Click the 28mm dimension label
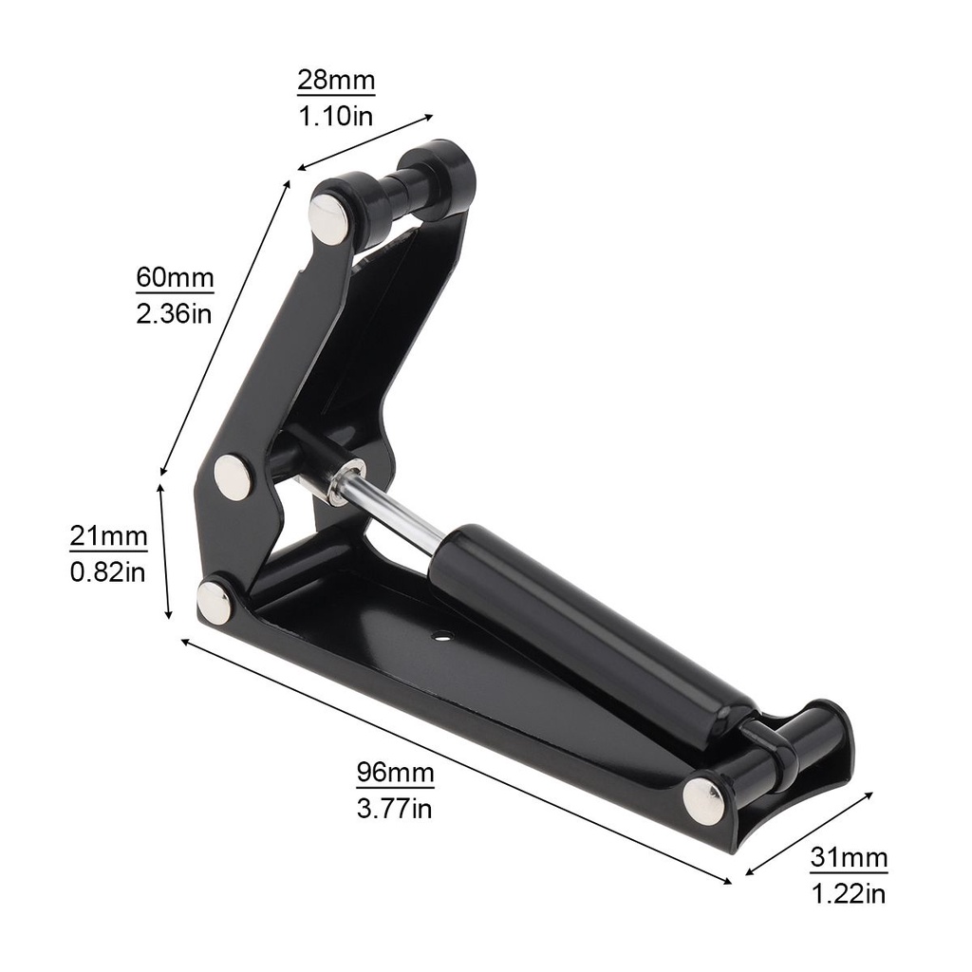tap(336, 81)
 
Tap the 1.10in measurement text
tap(336, 116)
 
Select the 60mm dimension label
tap(175, 278)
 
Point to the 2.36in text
tap(175, 313)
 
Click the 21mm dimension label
tap(108, 535)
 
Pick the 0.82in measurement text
tap(108, 571)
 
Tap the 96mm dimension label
tap(395, 773)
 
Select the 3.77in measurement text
tap(394, 809)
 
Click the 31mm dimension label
tap(849, 858)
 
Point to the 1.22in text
tap(849, 894)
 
